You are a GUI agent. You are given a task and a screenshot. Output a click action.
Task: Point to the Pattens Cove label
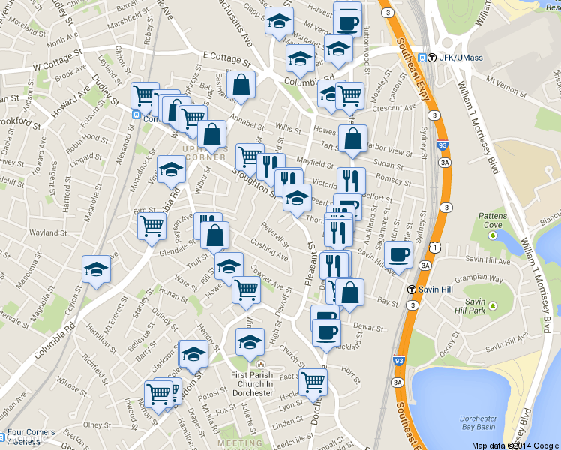[494, 220]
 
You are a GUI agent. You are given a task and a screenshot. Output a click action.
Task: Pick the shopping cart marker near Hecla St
[313, 380]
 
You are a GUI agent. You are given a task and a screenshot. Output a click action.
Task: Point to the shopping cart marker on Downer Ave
[246, 289]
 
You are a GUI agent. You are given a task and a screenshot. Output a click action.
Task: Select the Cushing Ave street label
[270, 251]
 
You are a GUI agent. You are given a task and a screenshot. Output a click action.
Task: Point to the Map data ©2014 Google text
[515, 445]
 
